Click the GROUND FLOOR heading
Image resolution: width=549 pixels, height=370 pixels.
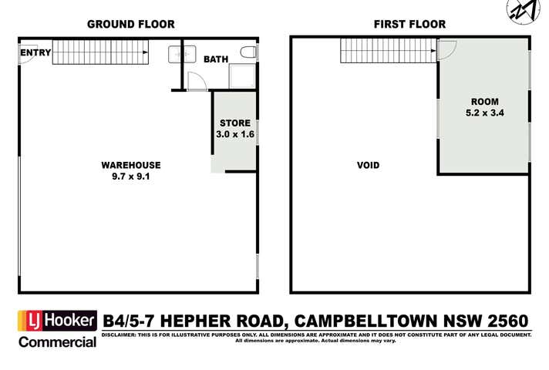[x=130, y=24]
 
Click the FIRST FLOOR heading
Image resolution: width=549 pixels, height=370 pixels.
[x=409, y=24]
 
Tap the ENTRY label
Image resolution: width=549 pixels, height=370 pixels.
[x=35, y=52]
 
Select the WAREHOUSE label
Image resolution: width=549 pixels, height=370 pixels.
[x=131, y=165]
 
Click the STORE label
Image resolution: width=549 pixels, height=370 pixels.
[x=234, y=123]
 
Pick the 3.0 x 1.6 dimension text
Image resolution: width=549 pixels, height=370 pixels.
[x=234, y=134]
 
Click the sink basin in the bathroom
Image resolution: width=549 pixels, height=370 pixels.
[x=176, y=54]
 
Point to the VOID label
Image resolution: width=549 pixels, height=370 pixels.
[x=368, y=165]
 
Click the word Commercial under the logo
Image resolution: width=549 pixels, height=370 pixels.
[x=58, y=340]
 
